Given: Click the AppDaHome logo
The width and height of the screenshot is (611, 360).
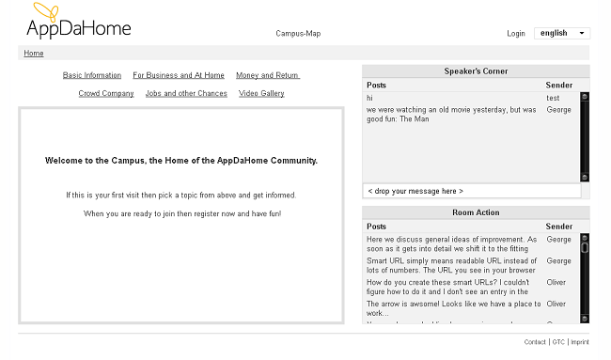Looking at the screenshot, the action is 78,23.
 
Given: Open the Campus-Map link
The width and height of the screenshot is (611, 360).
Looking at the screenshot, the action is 298,34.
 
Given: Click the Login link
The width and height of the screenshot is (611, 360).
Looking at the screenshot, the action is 515,34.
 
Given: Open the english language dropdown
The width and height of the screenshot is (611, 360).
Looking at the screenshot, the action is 561,33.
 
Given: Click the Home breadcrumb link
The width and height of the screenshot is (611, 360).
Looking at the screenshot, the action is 34,54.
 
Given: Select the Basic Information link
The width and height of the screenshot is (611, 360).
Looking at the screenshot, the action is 92,75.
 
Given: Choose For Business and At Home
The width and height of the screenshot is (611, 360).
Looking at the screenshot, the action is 179,75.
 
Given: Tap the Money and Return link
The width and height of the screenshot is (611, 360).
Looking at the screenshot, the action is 267,75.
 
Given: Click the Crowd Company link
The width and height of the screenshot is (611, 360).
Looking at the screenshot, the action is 106,94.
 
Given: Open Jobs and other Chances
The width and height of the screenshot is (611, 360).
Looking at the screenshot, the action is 186,94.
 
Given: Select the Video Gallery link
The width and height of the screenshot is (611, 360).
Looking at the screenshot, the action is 261,94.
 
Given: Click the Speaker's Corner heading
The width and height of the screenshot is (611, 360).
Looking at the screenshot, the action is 476,71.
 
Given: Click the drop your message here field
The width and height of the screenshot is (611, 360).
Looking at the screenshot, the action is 471,191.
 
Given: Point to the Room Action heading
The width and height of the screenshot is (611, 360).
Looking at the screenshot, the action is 476,213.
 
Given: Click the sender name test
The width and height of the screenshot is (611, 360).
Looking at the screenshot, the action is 553,98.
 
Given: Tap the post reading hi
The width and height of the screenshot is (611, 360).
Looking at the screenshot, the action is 370,98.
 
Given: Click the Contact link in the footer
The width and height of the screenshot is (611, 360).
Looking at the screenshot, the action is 535,342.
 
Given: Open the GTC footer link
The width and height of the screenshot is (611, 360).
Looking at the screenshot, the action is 558,342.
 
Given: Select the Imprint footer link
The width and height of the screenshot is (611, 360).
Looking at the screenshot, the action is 580,342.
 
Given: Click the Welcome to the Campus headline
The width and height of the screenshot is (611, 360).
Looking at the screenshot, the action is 181,161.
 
